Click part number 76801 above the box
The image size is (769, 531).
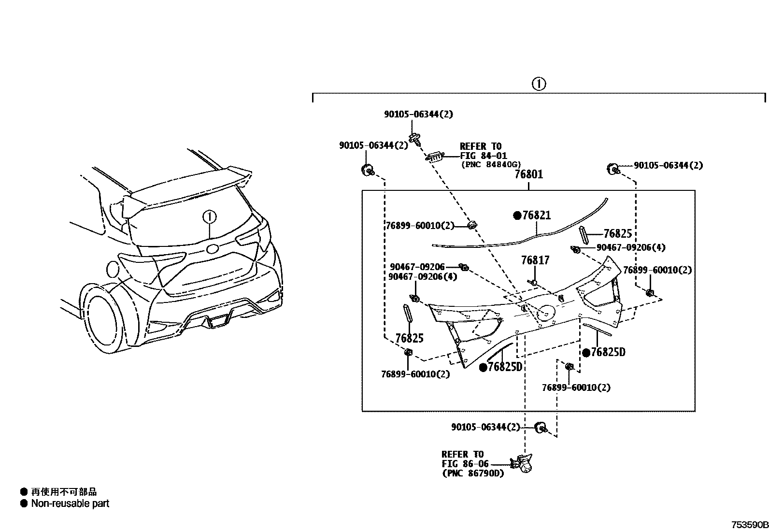[528, 174]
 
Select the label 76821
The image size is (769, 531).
[536, 215]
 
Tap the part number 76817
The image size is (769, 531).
[535, 261]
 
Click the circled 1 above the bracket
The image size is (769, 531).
[539, 84]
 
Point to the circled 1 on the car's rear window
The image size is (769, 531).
[210, 217]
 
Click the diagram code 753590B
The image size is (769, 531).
[748, 525]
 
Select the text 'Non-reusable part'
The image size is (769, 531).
[70, 503]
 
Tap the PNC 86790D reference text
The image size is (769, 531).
[472, 474]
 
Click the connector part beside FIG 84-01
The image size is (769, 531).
[434, 156]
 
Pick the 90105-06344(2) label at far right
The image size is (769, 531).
[668, 166]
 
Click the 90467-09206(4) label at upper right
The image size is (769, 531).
[630, 247]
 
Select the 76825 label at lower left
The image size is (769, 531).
[409, 338]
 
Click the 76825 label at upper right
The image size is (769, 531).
[618, 234]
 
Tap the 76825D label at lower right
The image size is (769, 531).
[608, 352]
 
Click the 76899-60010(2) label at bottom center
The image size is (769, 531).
[576, 387]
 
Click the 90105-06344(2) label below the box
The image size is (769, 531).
[485, 427]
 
